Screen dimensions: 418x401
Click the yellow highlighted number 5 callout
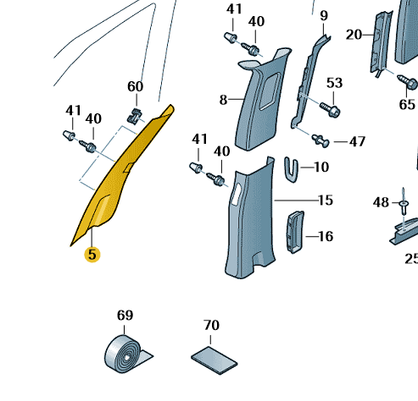92,255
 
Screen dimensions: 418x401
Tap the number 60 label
136,86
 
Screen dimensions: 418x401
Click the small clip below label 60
135,116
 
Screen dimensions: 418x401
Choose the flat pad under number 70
215,360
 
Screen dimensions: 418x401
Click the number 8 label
223,100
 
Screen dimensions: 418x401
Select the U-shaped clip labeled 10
292,169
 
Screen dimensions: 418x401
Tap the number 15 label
326,200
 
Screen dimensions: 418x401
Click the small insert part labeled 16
296,232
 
